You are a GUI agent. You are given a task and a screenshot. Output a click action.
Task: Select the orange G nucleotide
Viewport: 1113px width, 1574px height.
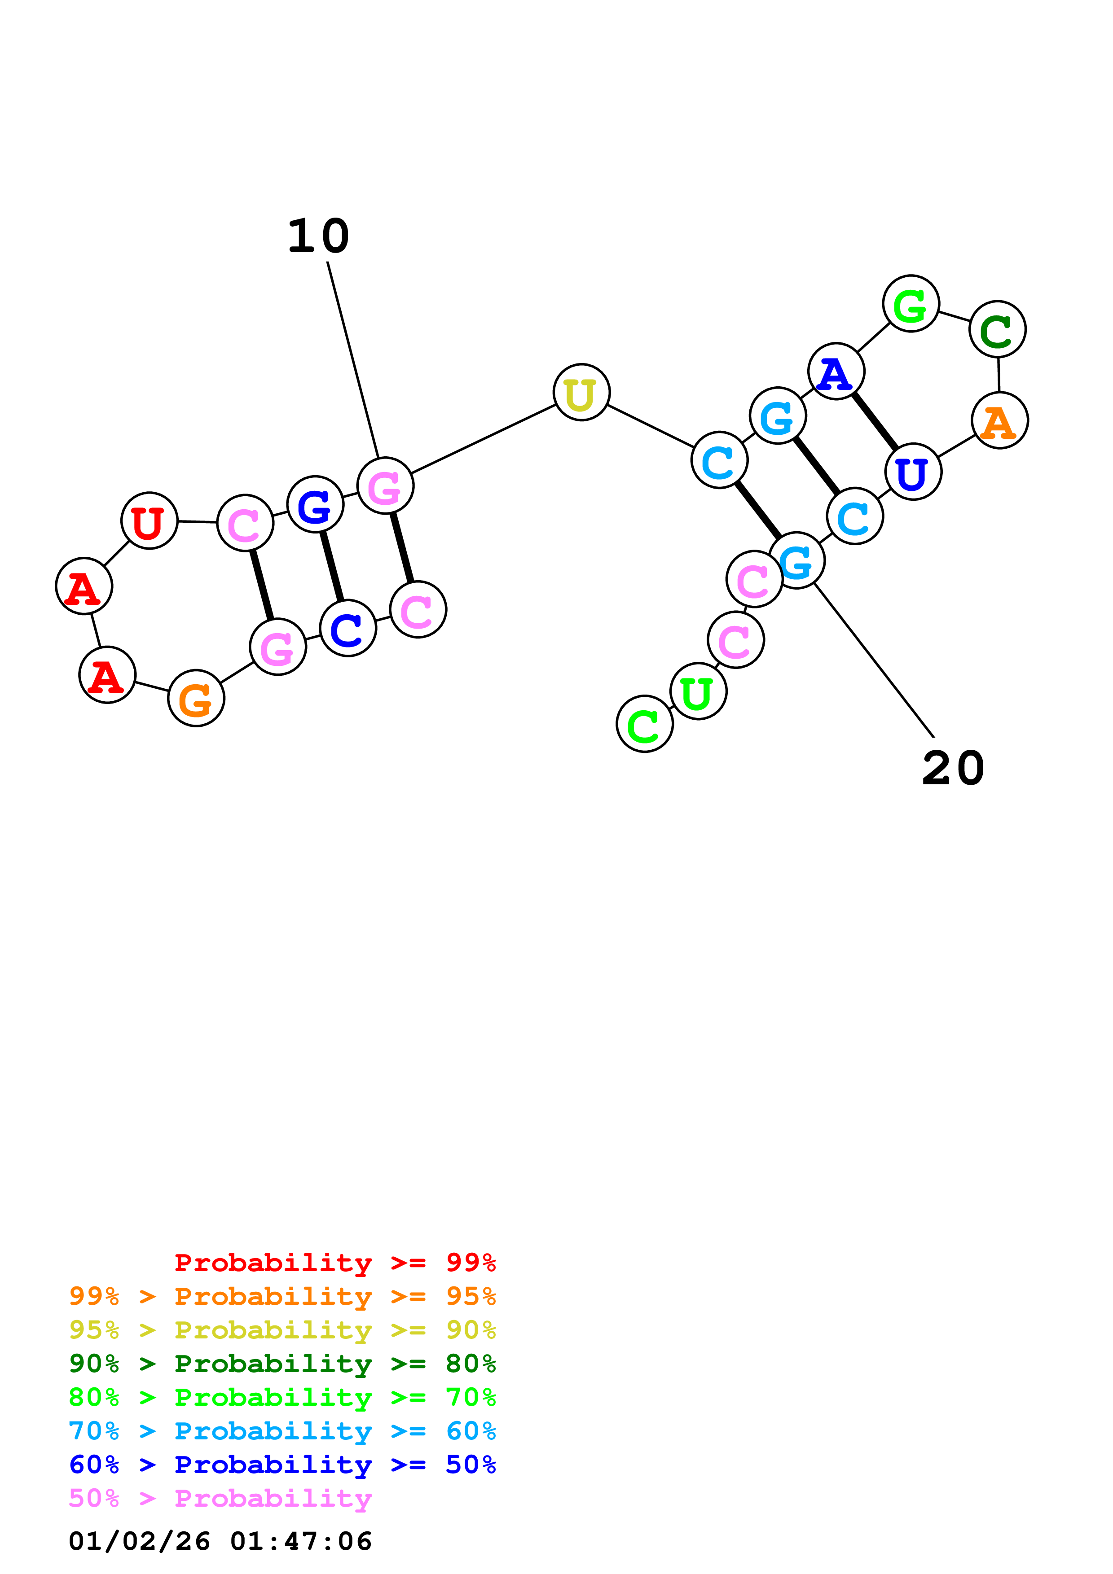[196, 699]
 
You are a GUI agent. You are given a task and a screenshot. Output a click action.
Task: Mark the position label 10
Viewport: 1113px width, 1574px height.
[318, 236]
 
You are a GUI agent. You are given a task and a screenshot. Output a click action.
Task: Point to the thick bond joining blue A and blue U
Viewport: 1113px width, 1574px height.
[874, 421]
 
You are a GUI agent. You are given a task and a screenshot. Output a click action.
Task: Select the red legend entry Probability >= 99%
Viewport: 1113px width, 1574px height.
[334, 1263]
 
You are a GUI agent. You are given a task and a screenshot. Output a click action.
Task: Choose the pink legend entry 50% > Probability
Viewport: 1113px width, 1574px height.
[220, 1498]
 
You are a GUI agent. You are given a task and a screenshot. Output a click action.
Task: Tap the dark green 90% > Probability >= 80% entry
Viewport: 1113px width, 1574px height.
[282, 1364]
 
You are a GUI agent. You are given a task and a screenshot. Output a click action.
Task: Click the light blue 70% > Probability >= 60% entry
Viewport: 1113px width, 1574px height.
[282, 1431]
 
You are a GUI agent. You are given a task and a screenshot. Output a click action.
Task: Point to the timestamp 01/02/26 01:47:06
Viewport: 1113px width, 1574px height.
[220, 1541]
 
